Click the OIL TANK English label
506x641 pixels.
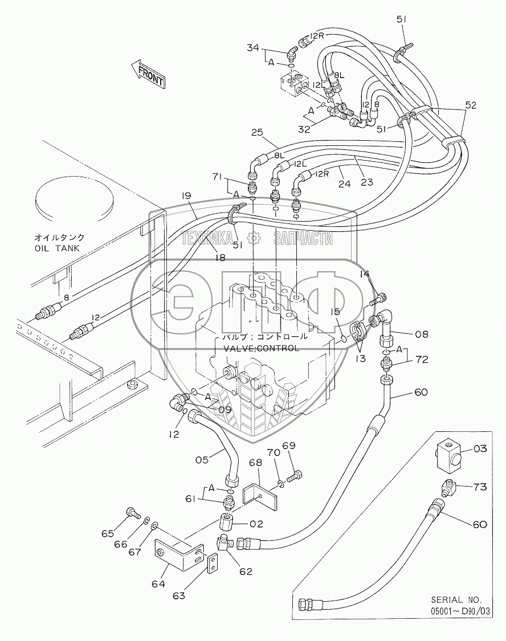coord(57,248)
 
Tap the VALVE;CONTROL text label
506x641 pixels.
coord(261,348)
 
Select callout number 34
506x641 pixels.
coord(252,48)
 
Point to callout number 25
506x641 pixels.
coord(258,133)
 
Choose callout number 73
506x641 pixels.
coord(480,487)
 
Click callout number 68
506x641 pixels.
coord(256,462)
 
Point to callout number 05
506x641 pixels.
coord(202,460)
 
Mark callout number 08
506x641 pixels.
coord(422,334)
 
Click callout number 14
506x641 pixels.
coord(365,273)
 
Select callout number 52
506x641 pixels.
coord(471,105)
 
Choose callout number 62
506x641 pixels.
coord(246,571)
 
